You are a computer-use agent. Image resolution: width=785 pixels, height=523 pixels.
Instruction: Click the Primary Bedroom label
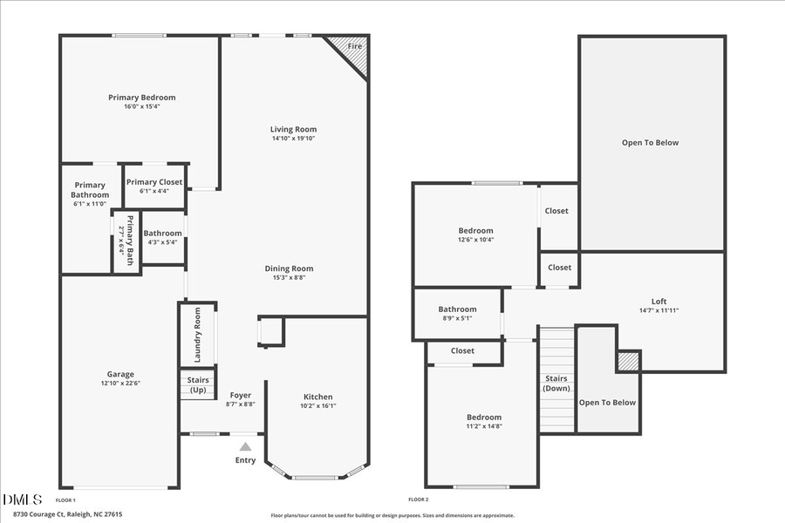(x=141, y=98)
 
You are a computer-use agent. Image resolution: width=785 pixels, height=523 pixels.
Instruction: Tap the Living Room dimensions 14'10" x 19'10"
(x=293, y=138)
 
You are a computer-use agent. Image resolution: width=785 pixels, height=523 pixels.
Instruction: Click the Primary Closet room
(x=154, y=186)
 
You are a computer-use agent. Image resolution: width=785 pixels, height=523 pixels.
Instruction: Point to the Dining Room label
(x=289, y=268)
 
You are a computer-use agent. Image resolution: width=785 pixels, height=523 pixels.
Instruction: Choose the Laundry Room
(x=197, y=335)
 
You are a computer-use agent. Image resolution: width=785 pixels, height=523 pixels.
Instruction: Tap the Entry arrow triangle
(x=246, y=446)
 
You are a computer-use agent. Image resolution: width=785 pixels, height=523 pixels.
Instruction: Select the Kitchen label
(x=317, y=397)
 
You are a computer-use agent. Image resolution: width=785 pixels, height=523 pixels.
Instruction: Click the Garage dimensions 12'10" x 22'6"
(x=120, y=383)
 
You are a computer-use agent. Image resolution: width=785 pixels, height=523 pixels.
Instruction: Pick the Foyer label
(x=240, y=396)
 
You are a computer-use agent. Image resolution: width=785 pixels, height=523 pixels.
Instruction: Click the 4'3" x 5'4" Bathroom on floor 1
(x=163, y=237)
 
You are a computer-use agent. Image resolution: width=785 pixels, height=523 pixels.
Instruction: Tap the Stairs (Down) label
(x=556, y=384)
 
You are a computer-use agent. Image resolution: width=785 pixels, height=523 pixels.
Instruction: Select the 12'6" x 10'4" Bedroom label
(x=475, y=231)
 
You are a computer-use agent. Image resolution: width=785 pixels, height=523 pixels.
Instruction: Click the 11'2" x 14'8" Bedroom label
(x=483, y=418)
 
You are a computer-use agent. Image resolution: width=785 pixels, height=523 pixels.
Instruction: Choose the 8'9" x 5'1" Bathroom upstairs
(x=457, y=313)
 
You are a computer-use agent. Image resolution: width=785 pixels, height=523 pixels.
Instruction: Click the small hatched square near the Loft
(x=628, y=361)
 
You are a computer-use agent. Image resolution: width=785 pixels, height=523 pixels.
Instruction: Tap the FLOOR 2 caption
(x=418, y=499)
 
